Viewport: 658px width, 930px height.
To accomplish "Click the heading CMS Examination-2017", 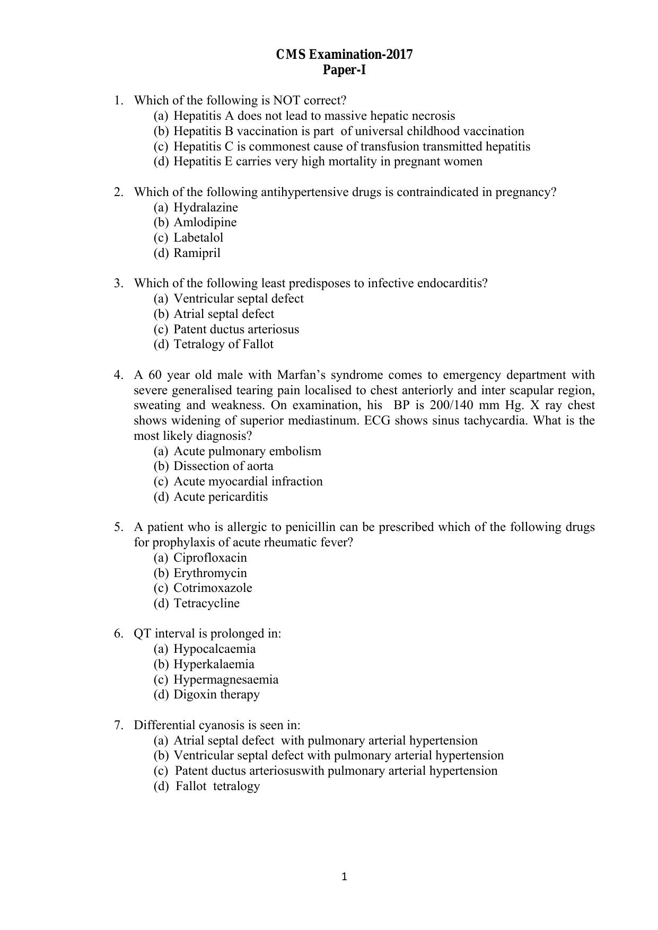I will coord(344,55).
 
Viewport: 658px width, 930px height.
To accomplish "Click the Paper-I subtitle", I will coord(344,70).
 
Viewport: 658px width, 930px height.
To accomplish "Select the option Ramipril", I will coord(197,253).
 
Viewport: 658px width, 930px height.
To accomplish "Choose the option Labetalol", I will coord(198,237).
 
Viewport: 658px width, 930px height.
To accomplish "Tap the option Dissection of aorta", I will coord(223,466).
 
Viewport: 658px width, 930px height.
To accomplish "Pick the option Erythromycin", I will coord(210,573).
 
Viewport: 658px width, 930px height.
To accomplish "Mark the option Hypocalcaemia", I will coord(214,649).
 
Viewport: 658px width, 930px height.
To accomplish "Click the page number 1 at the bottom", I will coord(344,876).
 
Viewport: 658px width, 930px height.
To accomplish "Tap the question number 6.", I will coord(118,633).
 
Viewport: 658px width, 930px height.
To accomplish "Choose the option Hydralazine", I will coord(206,207).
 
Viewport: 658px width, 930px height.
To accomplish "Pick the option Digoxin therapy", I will coord(216,694).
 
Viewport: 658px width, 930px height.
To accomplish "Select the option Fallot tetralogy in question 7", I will coord(217,786).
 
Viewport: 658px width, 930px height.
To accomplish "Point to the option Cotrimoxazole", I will coord(213,588).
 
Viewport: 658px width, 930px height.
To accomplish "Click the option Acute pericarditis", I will coord(221,497).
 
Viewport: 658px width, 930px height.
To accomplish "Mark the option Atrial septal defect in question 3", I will coord(224,314).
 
